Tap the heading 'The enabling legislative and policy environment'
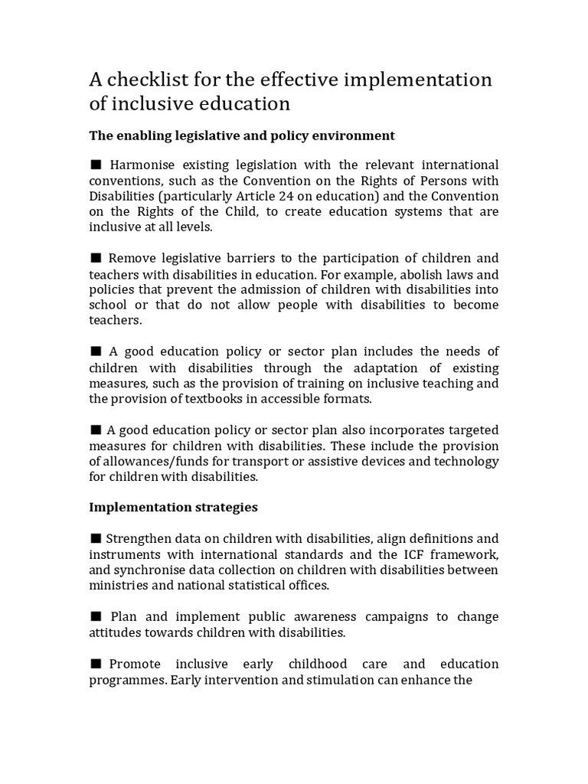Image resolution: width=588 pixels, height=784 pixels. [242, 136]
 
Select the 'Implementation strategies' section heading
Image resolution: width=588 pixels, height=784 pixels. [173, 507]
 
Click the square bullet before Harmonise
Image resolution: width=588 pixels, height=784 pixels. [96, 165]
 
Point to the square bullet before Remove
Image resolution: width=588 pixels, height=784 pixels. [96, 257]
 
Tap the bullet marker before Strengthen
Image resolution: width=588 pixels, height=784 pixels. [96, 537]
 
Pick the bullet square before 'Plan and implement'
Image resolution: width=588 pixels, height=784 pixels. [96, 616]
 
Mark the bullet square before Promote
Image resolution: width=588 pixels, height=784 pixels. [96, 663]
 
